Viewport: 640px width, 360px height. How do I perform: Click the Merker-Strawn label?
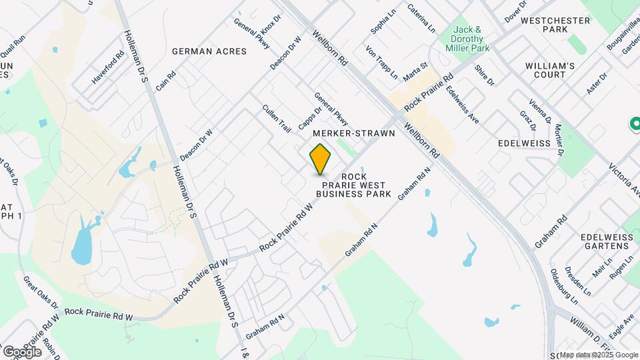tap(353, 133)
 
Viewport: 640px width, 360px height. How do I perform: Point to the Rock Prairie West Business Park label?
tap(353, 185)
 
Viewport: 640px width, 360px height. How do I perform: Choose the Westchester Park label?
tap(555, 25)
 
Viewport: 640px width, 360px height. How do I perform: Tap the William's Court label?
tap(550, 70)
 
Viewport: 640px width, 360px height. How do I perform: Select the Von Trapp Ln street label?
tap(381, 62)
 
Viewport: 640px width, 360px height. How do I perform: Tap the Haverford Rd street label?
tap(108, 67)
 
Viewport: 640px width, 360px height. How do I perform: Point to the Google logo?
tap(22, 351)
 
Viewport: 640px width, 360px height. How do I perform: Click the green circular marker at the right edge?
tap(635, 124)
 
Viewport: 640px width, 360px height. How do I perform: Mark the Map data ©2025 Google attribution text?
tap(598, 355)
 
